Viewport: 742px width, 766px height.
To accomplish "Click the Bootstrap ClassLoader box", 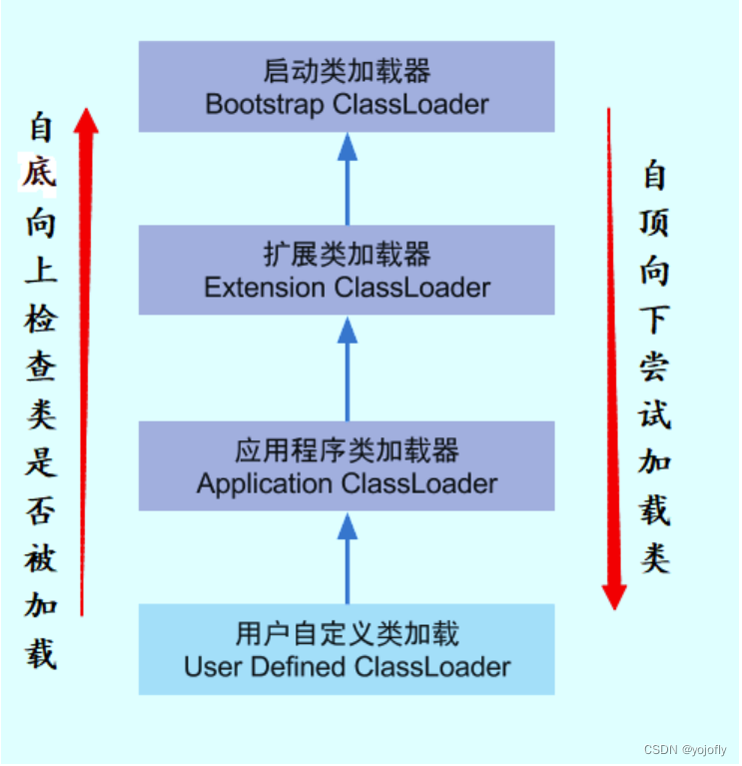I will (347, 86).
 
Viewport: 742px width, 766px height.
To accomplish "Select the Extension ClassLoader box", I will (347, 271).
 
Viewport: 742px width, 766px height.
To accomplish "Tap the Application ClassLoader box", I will (347, 466).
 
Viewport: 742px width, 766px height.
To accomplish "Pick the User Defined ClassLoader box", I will (347, 649).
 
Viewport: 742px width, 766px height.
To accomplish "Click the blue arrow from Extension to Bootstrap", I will (347, 180).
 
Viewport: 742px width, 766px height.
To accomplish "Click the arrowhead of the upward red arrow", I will (88, 121).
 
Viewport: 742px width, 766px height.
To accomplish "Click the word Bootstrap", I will (261, 104).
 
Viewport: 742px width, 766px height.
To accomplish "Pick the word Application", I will (265, 484).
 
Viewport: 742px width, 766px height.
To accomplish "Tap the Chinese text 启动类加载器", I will (347, 72).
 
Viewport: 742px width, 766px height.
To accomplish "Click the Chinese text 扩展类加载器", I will (347, 256).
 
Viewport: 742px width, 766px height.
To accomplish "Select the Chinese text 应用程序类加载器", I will (347, 451).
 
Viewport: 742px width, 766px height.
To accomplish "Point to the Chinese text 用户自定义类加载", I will (347, 633).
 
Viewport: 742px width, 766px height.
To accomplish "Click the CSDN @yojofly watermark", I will (685, 750).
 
